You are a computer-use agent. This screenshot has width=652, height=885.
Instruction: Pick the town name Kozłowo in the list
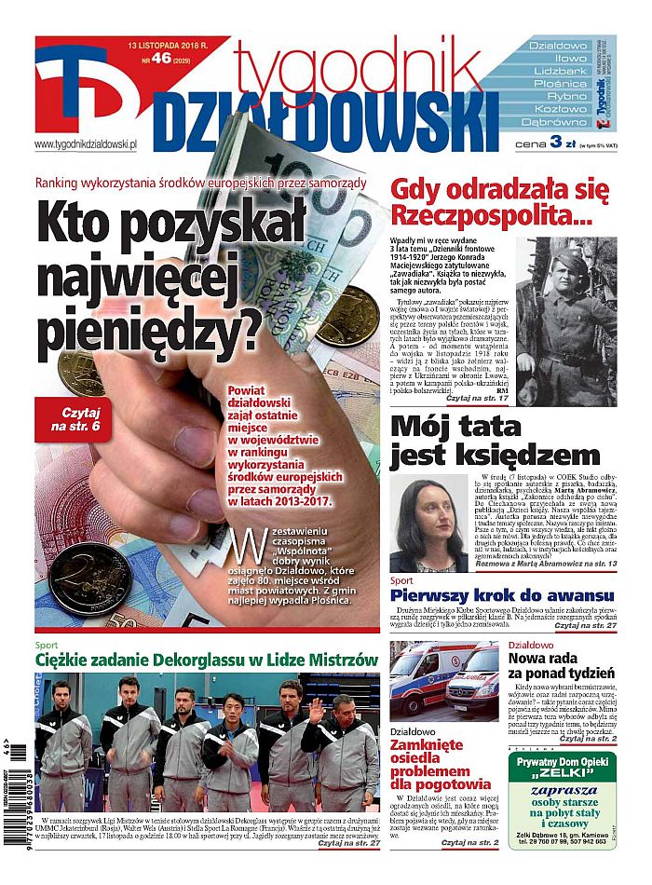click(x=558, y=109)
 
